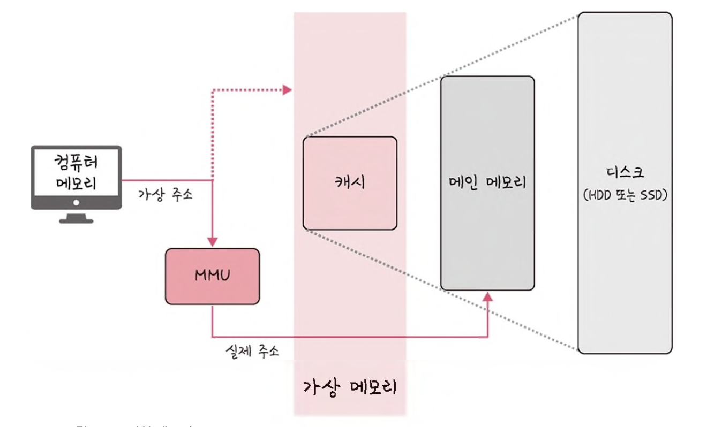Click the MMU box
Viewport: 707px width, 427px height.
(x=213, y=277)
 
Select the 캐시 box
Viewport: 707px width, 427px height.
(x=350, y=183)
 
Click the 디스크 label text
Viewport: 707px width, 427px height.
(x=624, y=173)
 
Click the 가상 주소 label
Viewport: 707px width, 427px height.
(x=166, y=194)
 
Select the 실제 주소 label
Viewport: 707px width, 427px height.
(x=252, y=352)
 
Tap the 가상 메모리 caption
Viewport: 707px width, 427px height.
(x=350, y=386)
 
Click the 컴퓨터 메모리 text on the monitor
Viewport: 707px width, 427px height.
(x=76, y=172)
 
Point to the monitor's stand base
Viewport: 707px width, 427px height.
(x=76, y=220)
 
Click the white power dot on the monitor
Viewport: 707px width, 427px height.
(x=76, y=203)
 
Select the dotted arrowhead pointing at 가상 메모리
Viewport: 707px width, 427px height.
(x=288, y=89)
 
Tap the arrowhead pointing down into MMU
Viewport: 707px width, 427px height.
(x=213, y=242)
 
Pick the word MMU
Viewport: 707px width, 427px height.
(x=213, y=277)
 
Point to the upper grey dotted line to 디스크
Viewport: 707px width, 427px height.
(x=439, y=75)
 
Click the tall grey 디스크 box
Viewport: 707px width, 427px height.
(x=625, y=268)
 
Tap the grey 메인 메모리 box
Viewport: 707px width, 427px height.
(x=487, y=241)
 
